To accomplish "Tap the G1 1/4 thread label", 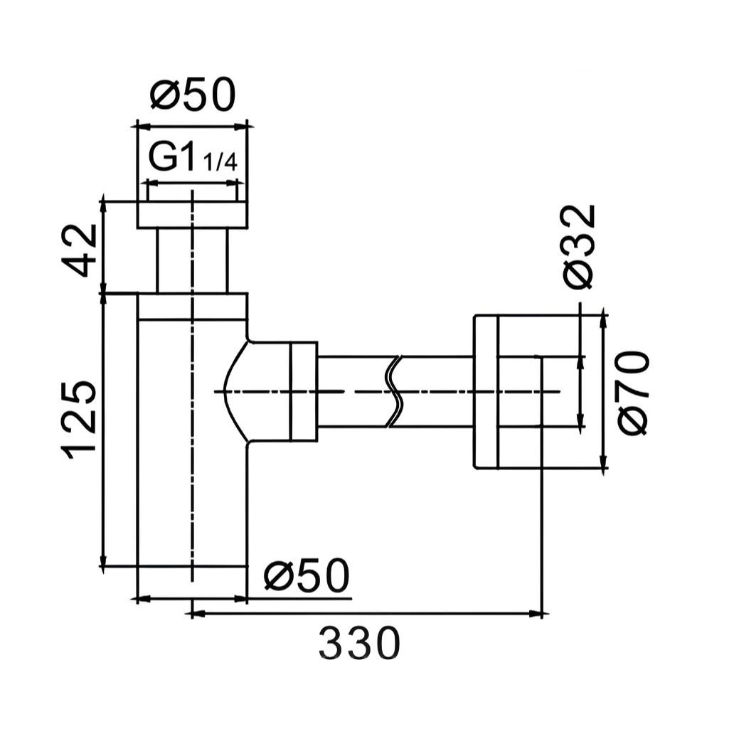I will pyautogui.click(x=192, y=158).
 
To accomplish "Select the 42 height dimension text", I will pyautogui.click(x=78, y=250).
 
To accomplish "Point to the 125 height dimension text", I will pyautogui.click(x=78, y=420).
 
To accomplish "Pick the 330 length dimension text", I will pyautogui.click(x=359, y=644).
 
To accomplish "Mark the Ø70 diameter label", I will pyautogui.click(x=632, y=392).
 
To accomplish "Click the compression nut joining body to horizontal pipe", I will pyautogui.click(x=303, y=391).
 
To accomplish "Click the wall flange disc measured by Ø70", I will pyautogui.click(x=486, y=392).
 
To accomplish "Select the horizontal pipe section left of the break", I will pyautogui.click(x=352, y=391).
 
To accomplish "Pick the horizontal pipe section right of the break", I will pyautogui.click(x=437, y=391).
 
